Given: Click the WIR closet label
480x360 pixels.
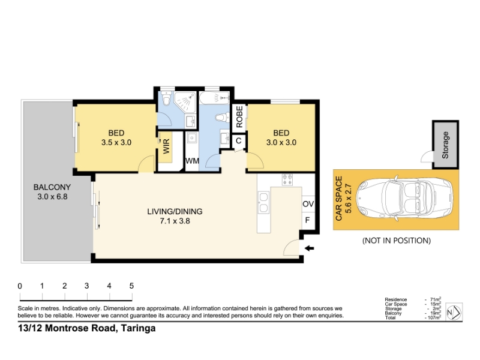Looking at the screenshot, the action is coord(166,146).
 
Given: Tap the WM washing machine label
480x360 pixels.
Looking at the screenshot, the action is coord(192,161).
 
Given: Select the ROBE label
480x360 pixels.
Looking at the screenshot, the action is coord(239,116).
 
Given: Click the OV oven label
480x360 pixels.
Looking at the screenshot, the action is coord(308,204).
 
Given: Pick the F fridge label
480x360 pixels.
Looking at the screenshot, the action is coord(308,220).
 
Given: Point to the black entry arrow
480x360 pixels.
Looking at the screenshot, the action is coord(309,248).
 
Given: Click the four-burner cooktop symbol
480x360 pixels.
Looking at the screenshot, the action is coord(287,179).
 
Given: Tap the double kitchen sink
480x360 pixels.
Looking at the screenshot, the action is coord(263,202).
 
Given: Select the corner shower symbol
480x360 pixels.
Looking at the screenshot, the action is coord(185,102).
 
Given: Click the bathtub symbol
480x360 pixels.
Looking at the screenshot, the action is coord(214,98).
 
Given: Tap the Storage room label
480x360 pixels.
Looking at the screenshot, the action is coord(445,145).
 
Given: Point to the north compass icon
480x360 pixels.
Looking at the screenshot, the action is coord(454,312).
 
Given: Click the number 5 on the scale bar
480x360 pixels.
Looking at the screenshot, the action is coord(131,286).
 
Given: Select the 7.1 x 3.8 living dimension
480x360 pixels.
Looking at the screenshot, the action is coord(175,221).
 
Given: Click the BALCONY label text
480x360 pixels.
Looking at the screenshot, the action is coord(52,187).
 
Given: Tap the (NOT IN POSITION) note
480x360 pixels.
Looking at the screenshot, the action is coord(397,241).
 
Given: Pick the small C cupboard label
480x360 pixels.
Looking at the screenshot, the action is coord(238,141).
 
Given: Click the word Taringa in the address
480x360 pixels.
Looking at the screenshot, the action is coord(139,328).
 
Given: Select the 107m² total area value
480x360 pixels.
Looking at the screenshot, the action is coord(433,317).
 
